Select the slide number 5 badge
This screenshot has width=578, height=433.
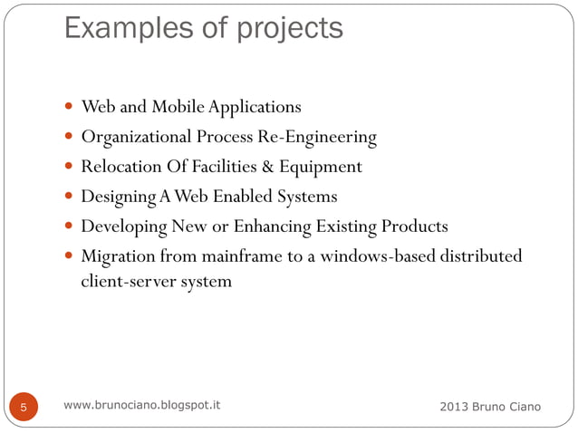coord(24,408)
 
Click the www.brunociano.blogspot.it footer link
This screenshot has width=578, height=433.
coord(142,405)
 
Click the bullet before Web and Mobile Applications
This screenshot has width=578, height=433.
coord(70,108)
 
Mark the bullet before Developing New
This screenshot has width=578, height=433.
coord(70,226)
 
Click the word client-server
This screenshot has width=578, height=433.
coord(119,281)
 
